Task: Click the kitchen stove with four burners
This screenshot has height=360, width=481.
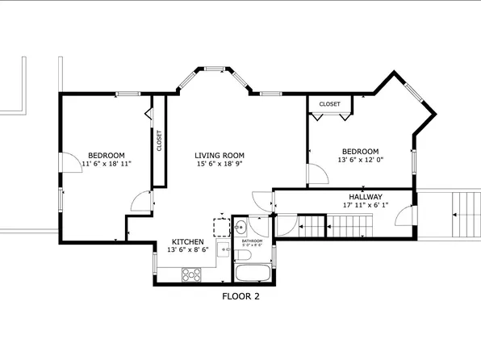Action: pos(192,274)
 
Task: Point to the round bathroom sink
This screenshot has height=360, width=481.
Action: pos(240,228)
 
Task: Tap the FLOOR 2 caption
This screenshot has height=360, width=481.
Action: pos(240,296)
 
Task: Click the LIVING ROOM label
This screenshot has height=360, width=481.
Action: pos(219,155)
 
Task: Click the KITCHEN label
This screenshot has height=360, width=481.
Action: pos(187,241)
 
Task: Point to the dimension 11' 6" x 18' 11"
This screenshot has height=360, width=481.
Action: pos(107,164)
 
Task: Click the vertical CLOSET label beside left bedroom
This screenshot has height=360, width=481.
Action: pos(159,140)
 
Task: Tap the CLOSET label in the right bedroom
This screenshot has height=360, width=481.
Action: pos(329,104)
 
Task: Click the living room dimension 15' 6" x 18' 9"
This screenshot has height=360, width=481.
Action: pos(219,164)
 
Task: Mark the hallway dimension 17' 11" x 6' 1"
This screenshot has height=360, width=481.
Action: pos(365,205)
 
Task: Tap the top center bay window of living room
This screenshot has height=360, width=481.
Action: pos(215,68)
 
